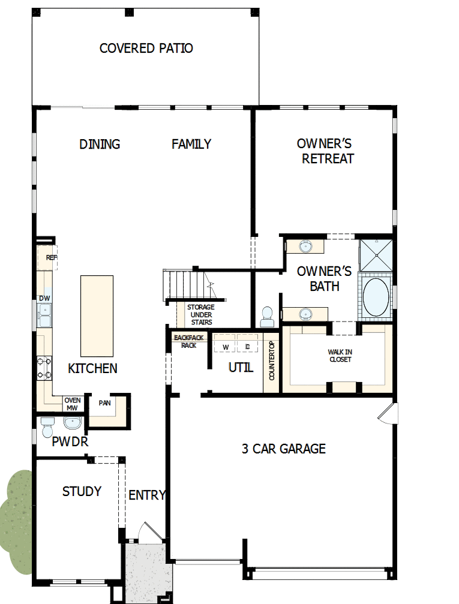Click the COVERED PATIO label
point(146,49)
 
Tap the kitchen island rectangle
point(97,315)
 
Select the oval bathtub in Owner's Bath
point(376,296)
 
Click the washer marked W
point(225,347)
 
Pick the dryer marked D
point(247,347)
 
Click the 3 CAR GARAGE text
point(283,449)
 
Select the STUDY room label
point(82,492)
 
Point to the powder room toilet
point(47,426)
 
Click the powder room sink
point(73,423)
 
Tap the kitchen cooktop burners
point(44,368)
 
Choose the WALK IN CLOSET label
point(340,355)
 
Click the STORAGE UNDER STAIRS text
point(200,315)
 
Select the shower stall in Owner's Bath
point(375,254)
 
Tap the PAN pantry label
point(104,402)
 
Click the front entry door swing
point(148,533)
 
